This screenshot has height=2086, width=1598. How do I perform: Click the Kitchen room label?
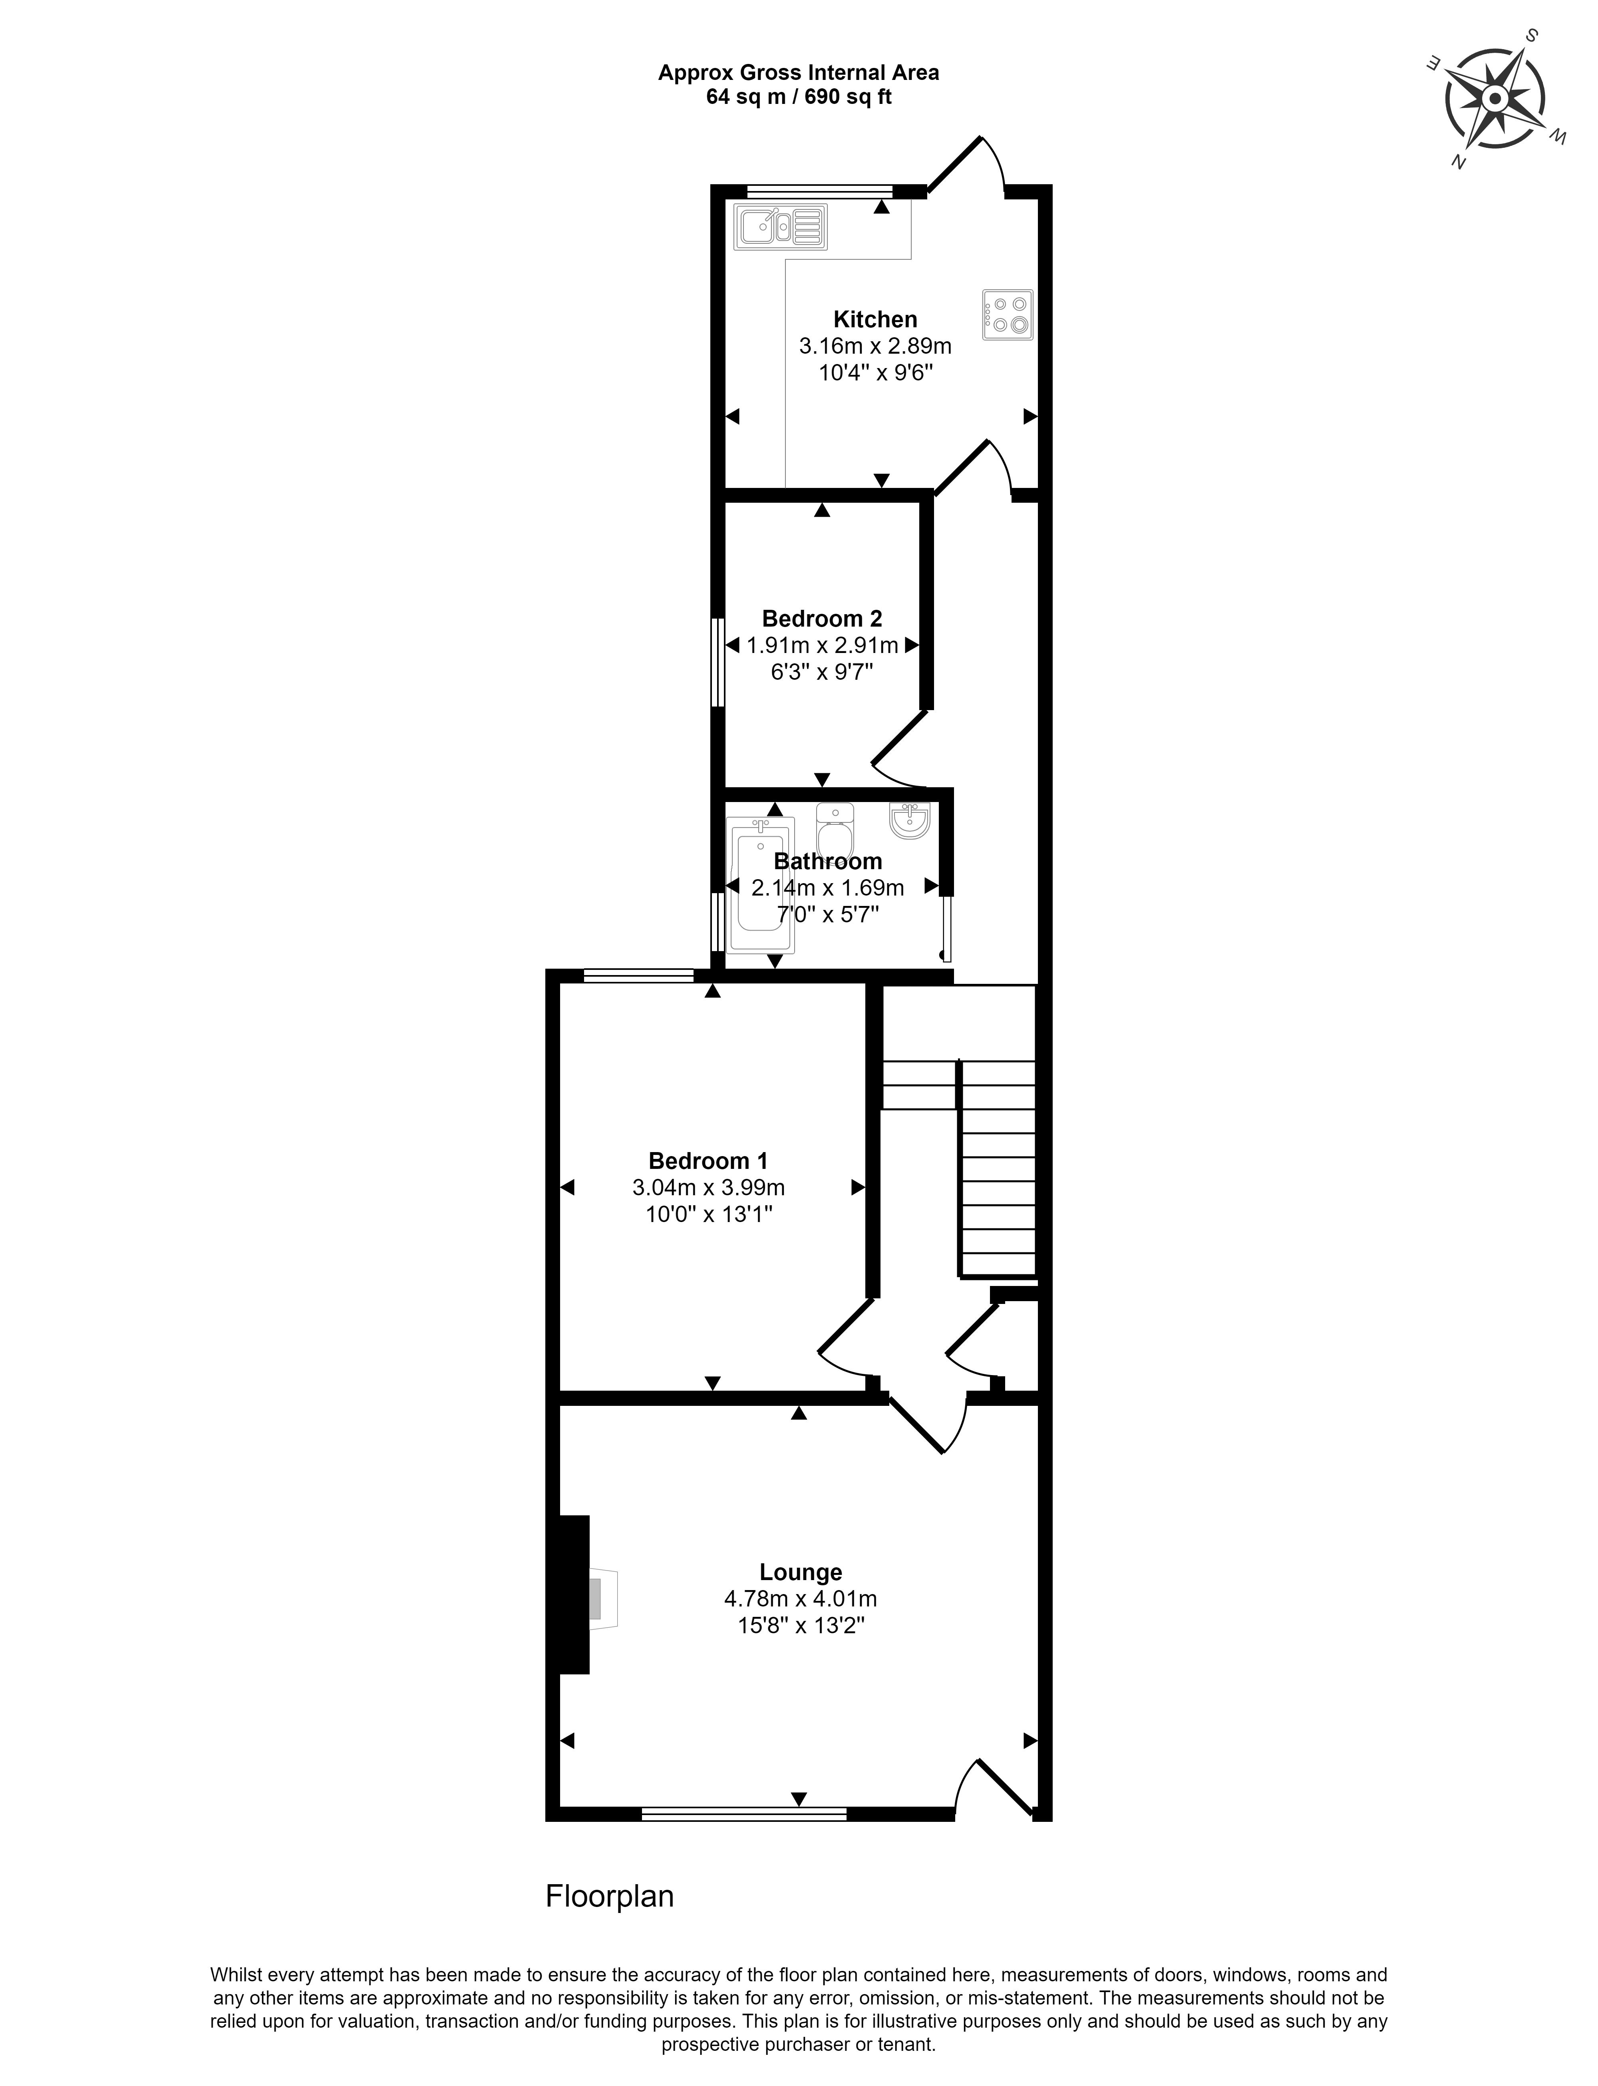875,320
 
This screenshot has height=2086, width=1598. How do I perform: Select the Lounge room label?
801,1572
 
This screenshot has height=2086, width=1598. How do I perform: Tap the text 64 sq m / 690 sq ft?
799,97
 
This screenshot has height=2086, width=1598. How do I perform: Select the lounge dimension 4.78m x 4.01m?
801,1599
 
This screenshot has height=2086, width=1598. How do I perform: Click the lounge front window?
744,1814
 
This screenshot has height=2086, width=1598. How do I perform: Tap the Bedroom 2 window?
719,663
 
